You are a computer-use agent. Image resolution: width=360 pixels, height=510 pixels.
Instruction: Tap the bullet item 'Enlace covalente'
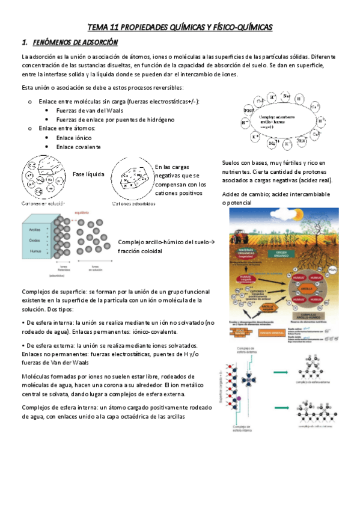click(x=78, y=146)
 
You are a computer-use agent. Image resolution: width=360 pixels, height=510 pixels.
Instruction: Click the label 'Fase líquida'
click(x=88, y=174)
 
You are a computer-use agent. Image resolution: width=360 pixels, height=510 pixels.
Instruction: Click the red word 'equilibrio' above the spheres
click(x=82, y=212)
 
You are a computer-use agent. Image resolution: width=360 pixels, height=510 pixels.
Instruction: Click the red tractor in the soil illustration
click(x=239, y=219)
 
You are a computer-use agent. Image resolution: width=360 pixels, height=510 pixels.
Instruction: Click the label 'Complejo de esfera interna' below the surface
click(x=246, y=429)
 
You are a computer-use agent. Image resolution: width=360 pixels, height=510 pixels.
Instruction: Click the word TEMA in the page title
click(x=99, y=28)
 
